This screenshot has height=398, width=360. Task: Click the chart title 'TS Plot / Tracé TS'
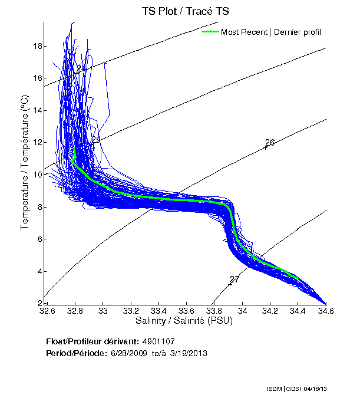(185, 11)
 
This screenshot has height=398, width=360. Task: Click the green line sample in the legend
(210, 31)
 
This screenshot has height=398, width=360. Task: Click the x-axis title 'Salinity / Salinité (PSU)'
(185, 321)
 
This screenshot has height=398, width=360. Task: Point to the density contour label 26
(270, 143)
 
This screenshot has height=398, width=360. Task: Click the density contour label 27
(234, 279)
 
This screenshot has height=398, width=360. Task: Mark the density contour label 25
(96, 140)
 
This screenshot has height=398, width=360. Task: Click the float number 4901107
(158, 342)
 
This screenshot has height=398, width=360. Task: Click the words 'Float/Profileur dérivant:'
(92, 342)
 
